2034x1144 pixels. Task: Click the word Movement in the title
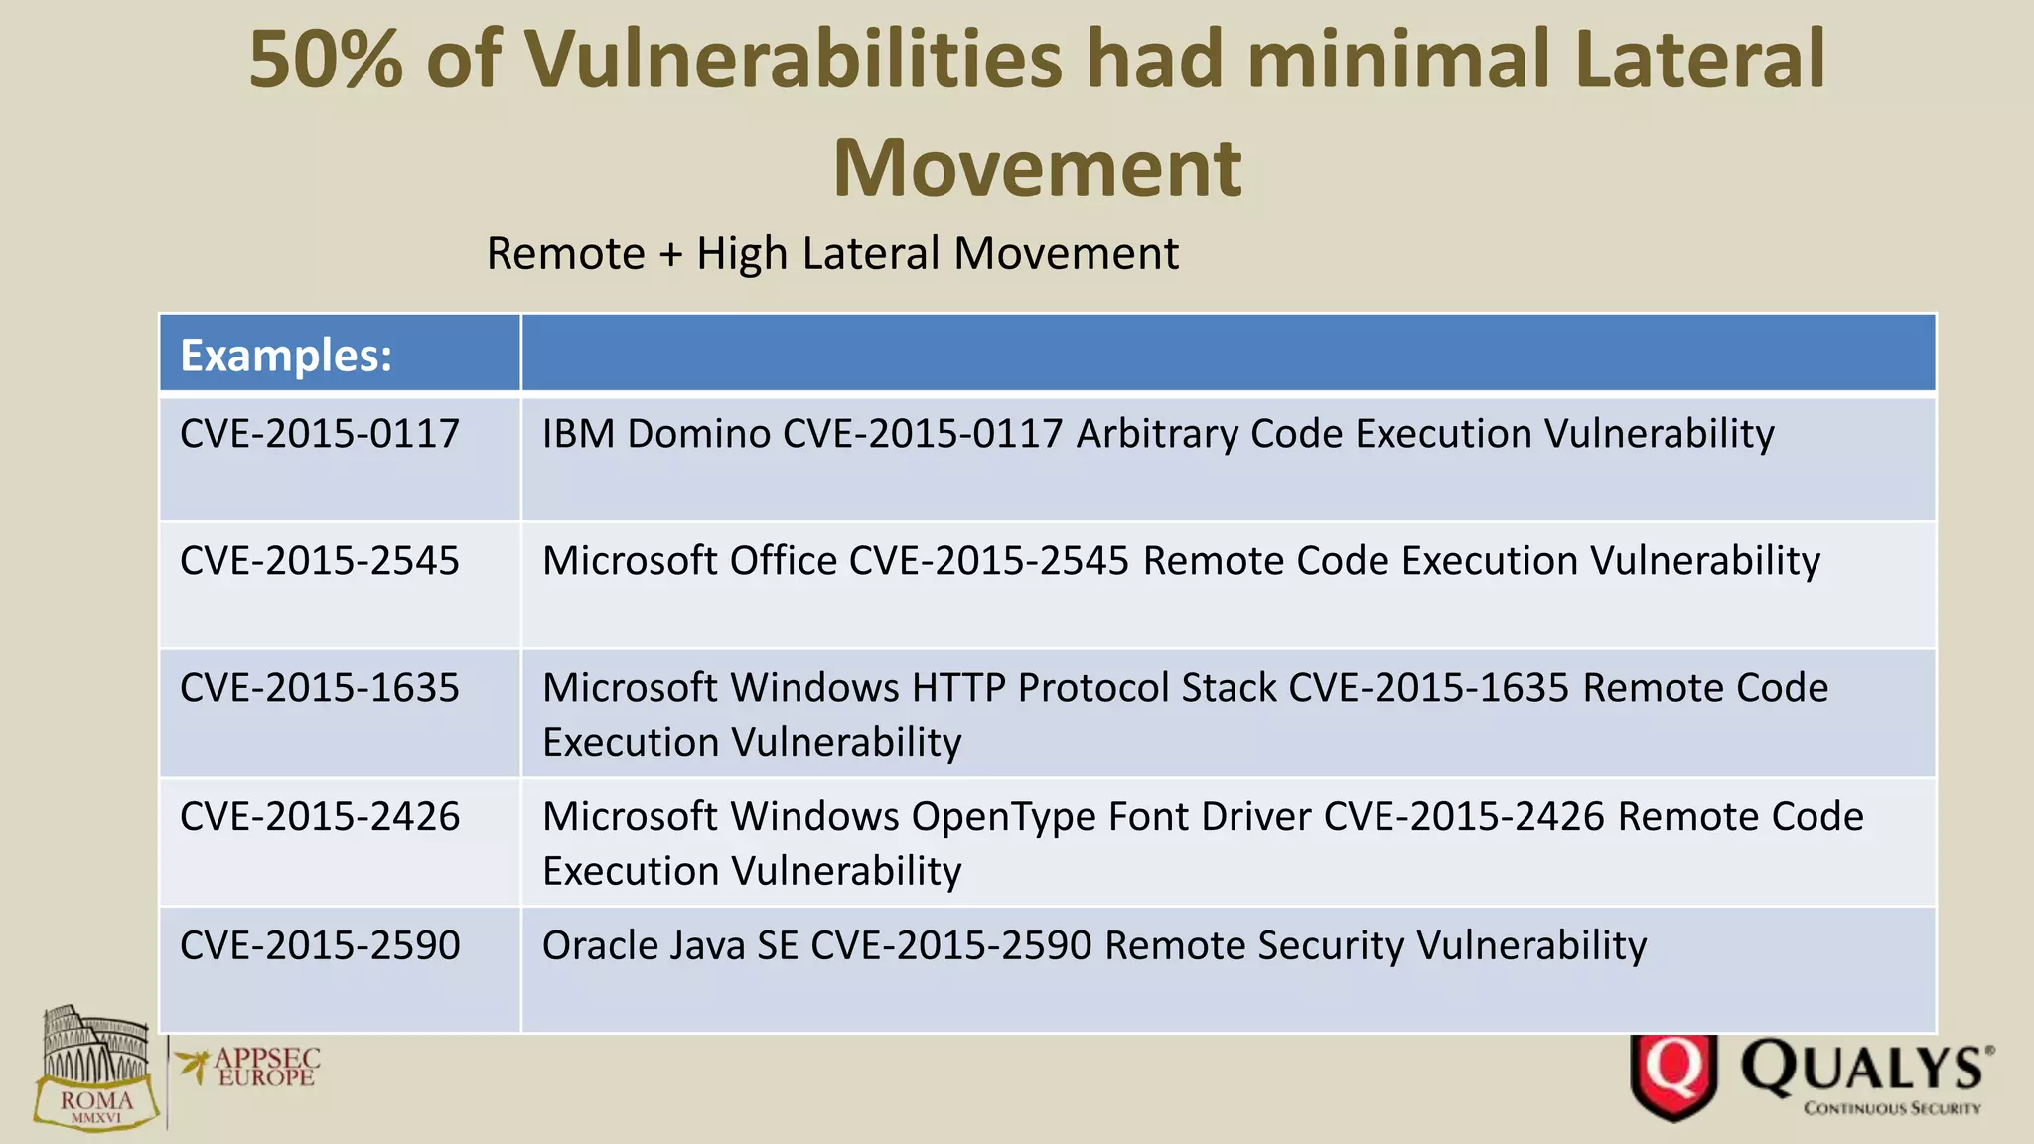(1037, 167)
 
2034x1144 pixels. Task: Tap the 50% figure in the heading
(326, 60)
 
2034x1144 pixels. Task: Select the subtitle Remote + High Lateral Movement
(832, 253)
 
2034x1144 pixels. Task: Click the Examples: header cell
(286, 356)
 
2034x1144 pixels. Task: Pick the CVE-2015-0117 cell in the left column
(320, 434)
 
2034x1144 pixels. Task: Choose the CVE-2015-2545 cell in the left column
(320, 561)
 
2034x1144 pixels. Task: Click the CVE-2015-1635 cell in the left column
(320, 688)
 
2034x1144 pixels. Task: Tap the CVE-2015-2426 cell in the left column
(320, 816)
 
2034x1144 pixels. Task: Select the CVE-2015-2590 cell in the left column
(320, 945)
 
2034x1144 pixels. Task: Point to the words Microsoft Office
(689, 561)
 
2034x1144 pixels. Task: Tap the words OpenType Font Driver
(1111, 816)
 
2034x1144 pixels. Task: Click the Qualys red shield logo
(1673, 1075)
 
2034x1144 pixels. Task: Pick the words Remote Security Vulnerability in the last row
(1376, 945)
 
